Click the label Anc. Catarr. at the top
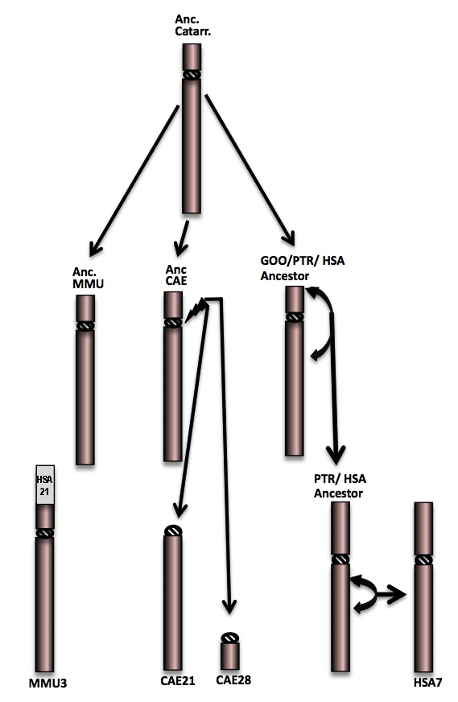click(192, 25)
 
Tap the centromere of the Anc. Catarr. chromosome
click(192, 74)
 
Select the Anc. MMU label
click(89, 278)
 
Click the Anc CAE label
click(176, 275)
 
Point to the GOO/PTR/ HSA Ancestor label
click(303, 268)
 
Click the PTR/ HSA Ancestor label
click(340, 485)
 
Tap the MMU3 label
click(48, 683)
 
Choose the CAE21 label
click(178, 680)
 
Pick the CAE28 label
click(233, 679)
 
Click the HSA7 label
click(428, 683)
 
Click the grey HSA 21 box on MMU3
click(45, 485)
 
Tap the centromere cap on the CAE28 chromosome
click(230, 638)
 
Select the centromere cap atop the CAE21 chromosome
click(173, 531)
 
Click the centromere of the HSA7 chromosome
click(423, 560)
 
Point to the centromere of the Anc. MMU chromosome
click(85, 325)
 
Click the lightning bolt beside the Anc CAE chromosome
click(196, 310)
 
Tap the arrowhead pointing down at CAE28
click(229, 606)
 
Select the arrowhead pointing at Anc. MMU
click(95, 248)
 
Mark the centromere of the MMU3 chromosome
click(45, 533)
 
